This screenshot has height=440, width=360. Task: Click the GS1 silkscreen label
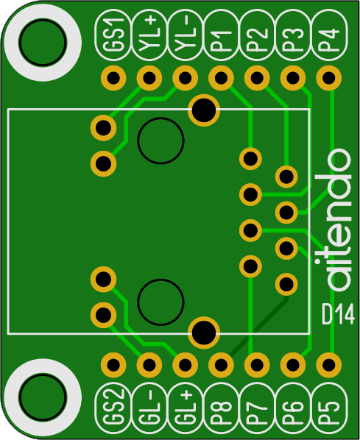click(113, 35)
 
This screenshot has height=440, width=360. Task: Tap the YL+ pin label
click(149, 35)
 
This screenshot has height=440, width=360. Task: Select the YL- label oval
click(185, 35)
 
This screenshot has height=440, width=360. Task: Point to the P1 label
click(221, 35)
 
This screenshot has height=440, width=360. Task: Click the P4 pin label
click(329, 35)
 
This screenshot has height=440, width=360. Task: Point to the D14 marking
click(338, 315)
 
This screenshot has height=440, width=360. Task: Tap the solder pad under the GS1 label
click(113, 78)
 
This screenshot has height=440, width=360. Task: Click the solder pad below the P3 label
click(293, 78)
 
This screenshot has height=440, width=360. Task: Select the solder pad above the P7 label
click(257, 365)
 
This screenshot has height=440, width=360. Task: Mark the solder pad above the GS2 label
click(113, 365)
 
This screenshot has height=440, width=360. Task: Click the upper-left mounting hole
click(43, 43)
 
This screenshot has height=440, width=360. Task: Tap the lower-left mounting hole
click(43, 397)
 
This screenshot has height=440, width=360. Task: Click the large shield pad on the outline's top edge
click(204, 110)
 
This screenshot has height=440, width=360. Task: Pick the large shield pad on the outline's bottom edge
click(204, 333)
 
